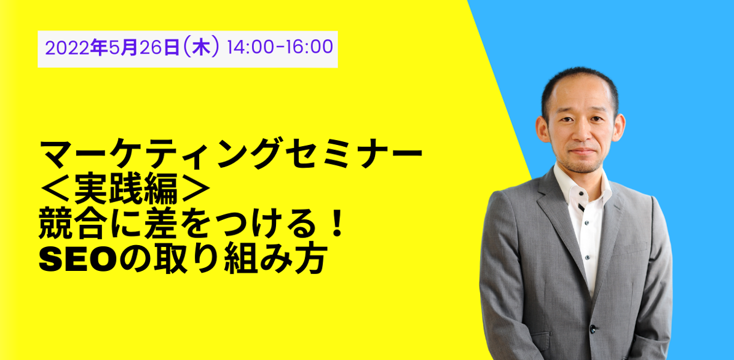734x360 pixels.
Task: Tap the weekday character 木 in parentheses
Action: point(200,48)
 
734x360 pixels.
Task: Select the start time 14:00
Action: point(247,48)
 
